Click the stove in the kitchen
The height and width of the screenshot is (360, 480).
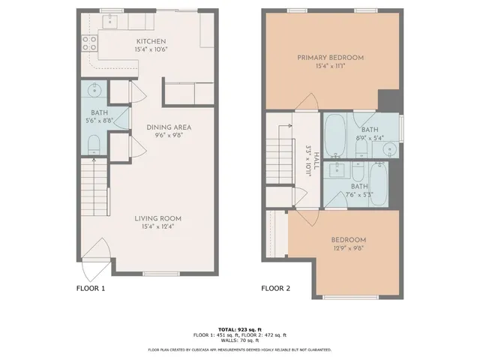click(x=88, y=42)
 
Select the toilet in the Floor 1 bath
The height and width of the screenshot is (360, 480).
click(x=94, y=144)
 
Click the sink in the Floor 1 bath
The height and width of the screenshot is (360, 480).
click(x=94, y=91)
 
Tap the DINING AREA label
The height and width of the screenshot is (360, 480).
click(x=168, y=127)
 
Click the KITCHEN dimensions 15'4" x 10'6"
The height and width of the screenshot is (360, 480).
click(x=150, y=50)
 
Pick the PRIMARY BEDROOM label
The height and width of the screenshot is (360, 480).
click(x=330, y=58)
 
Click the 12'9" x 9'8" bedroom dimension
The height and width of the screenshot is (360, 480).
click(x=349, y=250)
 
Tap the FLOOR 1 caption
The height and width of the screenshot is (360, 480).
click(x=91, y=288)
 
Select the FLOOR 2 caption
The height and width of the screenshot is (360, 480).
click(x=275, y=288)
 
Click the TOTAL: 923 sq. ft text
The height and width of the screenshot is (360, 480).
click(x=239, y=328)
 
